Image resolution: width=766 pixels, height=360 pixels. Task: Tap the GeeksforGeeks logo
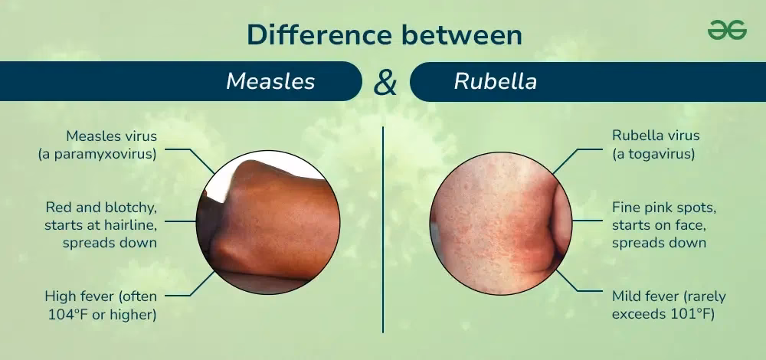tap(726, 31)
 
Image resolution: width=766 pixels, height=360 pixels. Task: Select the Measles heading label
tap(270, 81)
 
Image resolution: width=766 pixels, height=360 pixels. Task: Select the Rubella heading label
tap(495, 81)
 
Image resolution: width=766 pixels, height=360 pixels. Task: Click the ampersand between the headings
tap(385, 82)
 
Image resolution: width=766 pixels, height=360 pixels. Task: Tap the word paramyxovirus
tap(112, 153)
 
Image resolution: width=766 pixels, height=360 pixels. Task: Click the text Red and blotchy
tap(101, 207)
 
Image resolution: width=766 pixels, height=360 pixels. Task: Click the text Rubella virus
tap(656, 136)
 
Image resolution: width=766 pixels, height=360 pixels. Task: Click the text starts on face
tap(659, 224)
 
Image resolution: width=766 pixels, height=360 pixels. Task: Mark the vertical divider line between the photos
tap(383, 230)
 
